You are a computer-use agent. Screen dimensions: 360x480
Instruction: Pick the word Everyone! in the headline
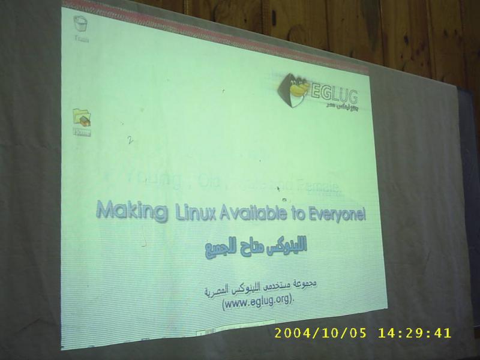(336, 215)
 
